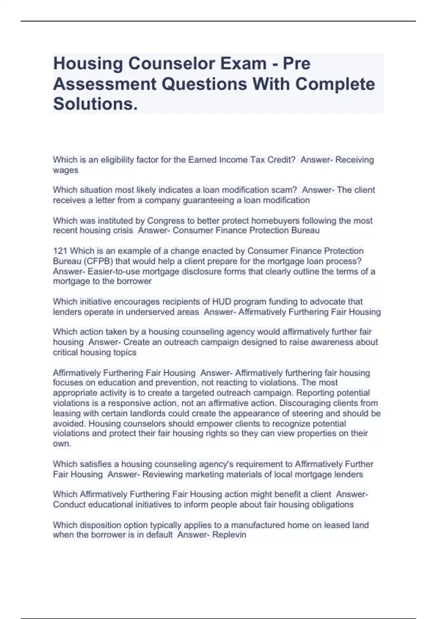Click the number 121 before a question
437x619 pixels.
[60, 251]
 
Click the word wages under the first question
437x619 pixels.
[66, 170]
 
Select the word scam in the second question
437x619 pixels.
[286, 190]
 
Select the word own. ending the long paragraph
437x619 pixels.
[62, 443]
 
